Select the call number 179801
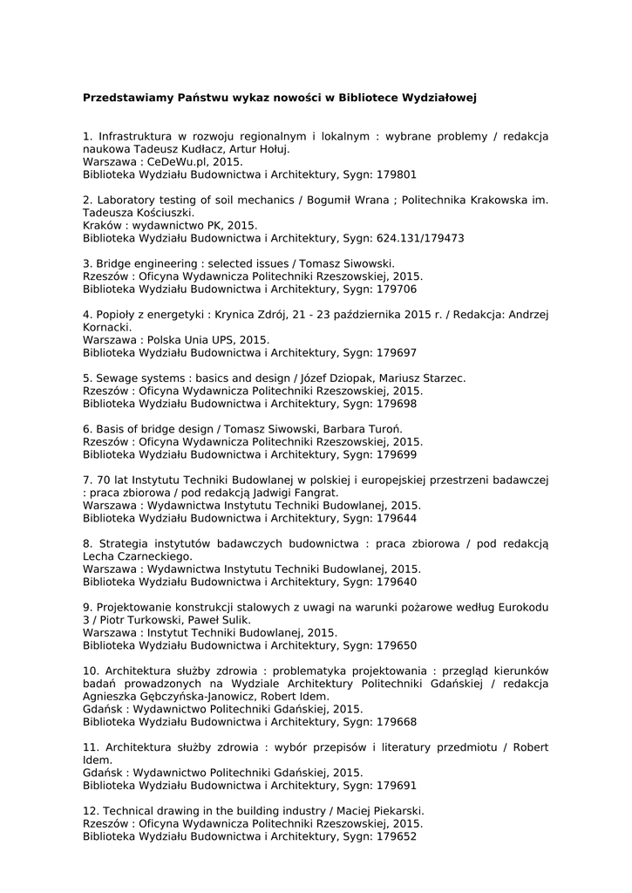tap(396, 174)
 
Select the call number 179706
tap(396, 289)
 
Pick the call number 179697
tap(396, 352)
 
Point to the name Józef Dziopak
tap(338, 378)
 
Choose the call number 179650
tap(396, 645)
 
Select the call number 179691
tap(396, 785)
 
